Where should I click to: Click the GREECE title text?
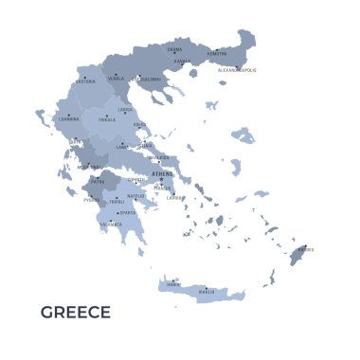(76, 313)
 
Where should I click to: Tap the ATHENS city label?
(163, 174)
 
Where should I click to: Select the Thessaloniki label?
(147, 80)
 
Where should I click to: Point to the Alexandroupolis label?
(236, 70)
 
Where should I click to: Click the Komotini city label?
(217, 54)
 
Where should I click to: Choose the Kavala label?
(182, 62)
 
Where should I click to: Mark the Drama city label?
(174, 49)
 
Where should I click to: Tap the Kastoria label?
(85, 81)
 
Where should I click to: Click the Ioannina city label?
(69, 119)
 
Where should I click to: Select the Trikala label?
(107, 120)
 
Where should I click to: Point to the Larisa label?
(125, 110)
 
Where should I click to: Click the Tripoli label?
(117, 202)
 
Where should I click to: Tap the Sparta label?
(127, 213)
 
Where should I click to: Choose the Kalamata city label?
(112, 225)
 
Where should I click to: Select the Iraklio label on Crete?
(207, 292)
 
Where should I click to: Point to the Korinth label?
(136, 180)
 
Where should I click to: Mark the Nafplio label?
(136, 196)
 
